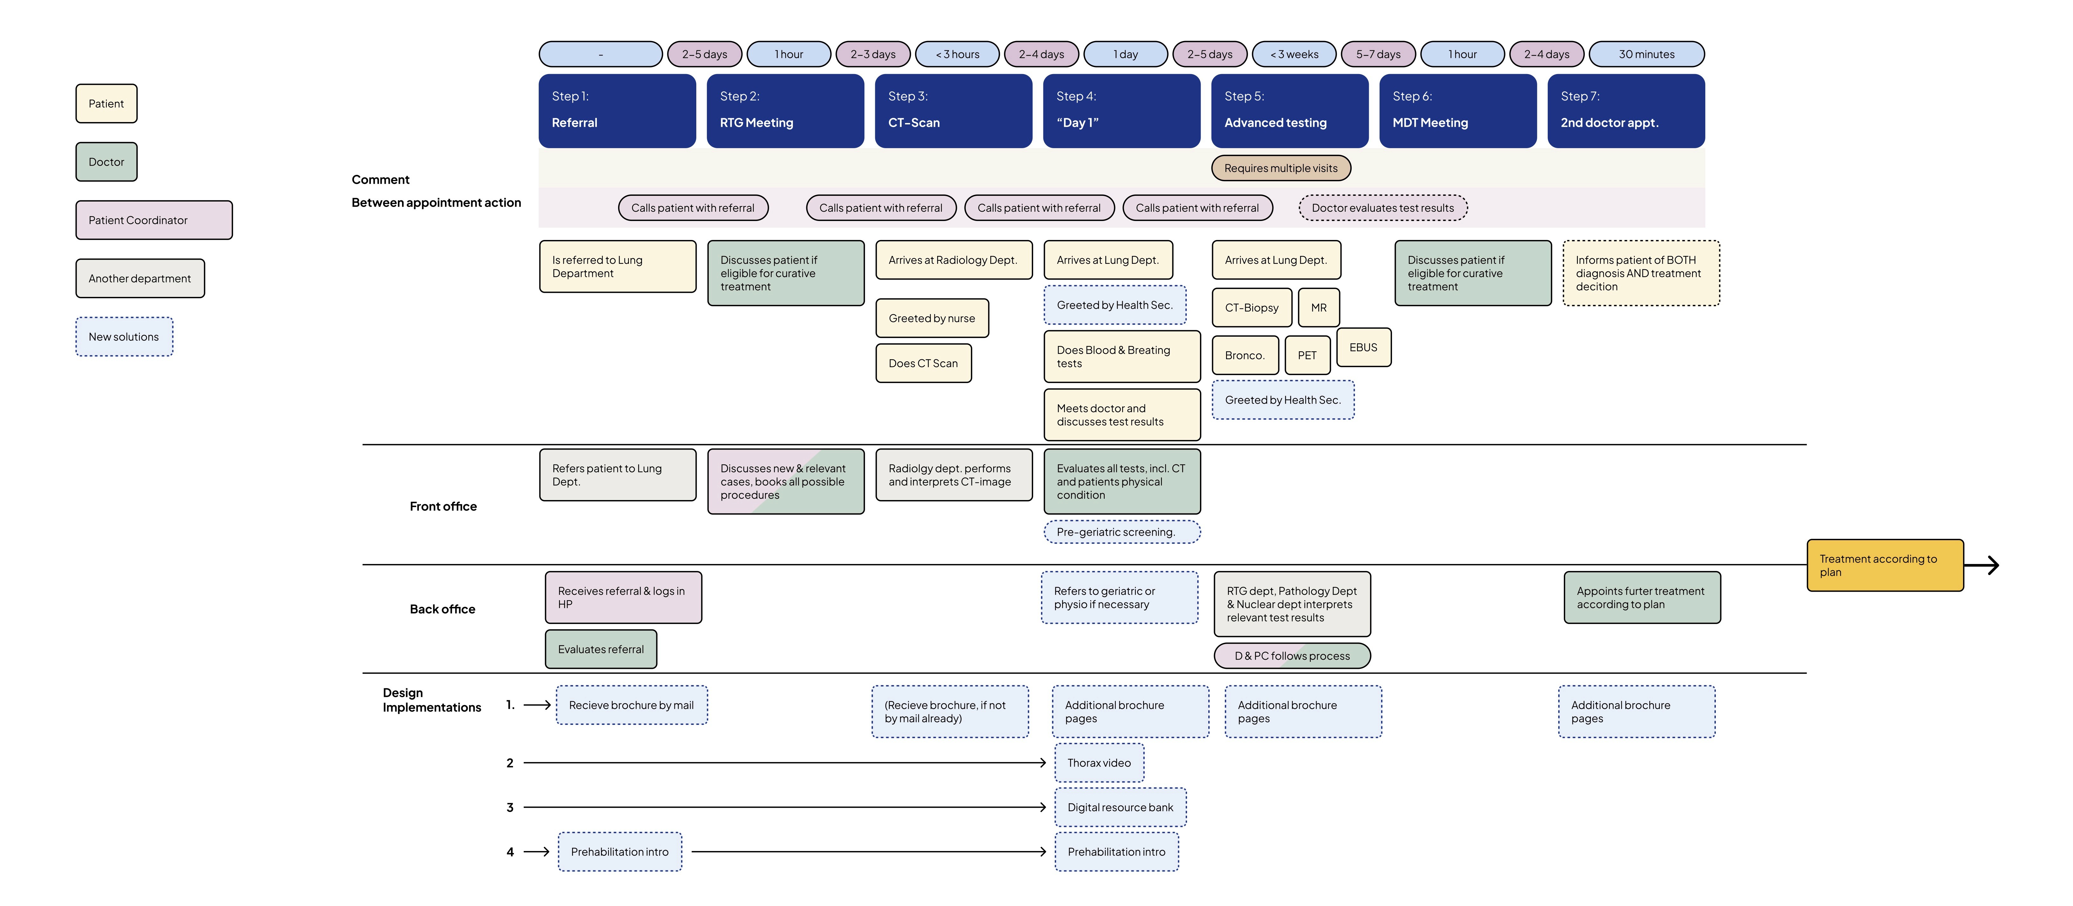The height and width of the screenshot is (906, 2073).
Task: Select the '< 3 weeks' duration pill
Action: click(x=1294, y=54)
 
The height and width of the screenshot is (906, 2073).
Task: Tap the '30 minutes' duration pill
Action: click(x=1647, y=54)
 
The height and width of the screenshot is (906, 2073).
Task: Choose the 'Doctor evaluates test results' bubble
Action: click(x=1382, y=208)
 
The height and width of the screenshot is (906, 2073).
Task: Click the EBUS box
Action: click(x=1363, y=347)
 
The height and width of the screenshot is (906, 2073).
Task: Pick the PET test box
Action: click(x=1307, y=355)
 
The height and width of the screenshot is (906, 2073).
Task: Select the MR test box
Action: click(x=1318, y=308)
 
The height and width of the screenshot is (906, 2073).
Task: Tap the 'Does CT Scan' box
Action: click(x=923, y=363)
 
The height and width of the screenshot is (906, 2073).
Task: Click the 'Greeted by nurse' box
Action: click(x=932, y=318)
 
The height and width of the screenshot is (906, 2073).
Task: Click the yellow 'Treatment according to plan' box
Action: click(x=1885, y=565)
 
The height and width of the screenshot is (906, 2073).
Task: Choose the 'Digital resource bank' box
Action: click(x=1120, y=807)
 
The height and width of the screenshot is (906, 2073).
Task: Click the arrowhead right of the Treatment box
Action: click(x=1993, y=565)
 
